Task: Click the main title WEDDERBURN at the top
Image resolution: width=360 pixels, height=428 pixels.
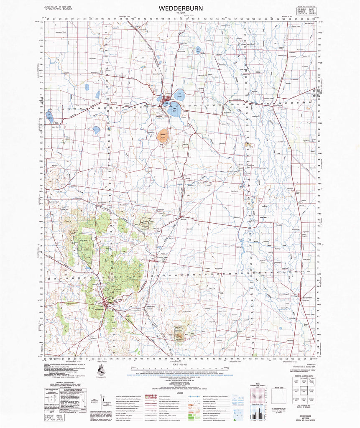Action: click(181, 8)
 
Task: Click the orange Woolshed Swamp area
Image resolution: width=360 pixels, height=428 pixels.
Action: click(163, 136)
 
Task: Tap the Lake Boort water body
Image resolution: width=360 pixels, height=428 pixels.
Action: click(175, 110)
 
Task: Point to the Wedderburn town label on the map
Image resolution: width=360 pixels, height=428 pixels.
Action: click(99, 310)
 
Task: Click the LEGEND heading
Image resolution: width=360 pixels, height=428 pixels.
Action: click(180, 393)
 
